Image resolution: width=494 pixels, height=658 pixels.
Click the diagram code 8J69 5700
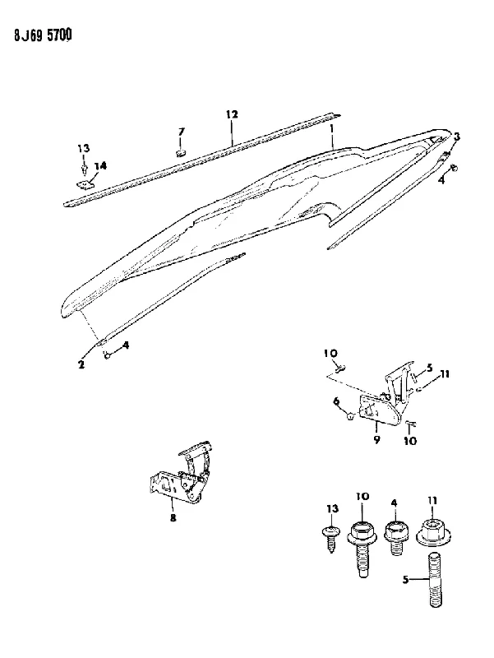click(x=43, y=35)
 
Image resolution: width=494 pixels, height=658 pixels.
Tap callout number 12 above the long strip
click(x=232, y=114)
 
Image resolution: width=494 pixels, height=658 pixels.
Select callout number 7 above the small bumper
click(x=181, y=132)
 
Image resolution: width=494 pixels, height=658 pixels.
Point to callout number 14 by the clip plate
click(x=100, y=166)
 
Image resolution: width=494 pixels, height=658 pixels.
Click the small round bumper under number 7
click(x=181, y=152)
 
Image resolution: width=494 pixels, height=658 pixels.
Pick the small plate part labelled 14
click(x=85, y=184)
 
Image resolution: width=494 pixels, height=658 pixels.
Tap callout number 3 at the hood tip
click(x=457, y=137)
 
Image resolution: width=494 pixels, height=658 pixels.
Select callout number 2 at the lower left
click(x=81, y=364)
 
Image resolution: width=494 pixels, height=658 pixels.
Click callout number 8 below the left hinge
click(x=173, y=518)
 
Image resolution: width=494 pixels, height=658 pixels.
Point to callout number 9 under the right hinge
click(x=376, y=440)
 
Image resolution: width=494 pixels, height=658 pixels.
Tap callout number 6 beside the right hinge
click(x=336, y=401)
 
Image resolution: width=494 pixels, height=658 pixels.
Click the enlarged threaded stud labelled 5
click(x=436, y=578)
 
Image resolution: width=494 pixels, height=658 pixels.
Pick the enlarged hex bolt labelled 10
click(x=362, y=545)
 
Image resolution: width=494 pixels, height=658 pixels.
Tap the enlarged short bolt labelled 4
click(x=396, y=538)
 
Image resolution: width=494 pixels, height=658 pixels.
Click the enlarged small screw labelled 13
click(x=332, y=539)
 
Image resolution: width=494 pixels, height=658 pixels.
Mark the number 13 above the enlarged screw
click(x=332, y=509)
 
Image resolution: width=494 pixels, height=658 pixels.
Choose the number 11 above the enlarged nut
click(x=432, y=501)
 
